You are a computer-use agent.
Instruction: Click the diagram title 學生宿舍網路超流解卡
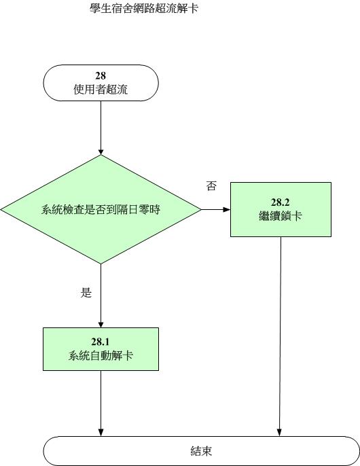click(144, 8)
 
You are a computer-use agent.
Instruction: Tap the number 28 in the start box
click(101, 76)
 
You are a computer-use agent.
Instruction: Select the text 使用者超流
click(101, 89)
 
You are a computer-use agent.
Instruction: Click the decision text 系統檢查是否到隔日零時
click(101, 209)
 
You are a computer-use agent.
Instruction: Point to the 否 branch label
click(211, 186)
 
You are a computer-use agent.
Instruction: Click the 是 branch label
click(86, 293)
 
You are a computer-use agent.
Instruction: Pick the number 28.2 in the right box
click(281, 202)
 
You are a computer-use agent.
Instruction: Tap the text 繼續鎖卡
click(281, 215)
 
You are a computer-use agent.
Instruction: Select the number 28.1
click(101, 342)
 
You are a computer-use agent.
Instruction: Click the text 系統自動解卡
click(101, 355)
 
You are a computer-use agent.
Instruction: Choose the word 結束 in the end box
click(201, 451)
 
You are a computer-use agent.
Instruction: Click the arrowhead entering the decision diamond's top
click(101, 151)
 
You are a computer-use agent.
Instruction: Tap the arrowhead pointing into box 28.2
click(227, 209)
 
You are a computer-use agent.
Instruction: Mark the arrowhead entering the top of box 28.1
click(101, 324)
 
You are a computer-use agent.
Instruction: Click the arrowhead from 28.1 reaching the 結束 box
click(101, 433)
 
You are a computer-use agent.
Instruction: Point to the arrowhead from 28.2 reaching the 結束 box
click(279, 433)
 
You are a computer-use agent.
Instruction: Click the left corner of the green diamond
click(1, 209)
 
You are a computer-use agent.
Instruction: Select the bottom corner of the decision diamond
click(101, 264)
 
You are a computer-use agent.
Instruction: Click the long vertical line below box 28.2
click(280, 336)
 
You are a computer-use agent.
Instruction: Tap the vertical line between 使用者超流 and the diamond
click(101, 128)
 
